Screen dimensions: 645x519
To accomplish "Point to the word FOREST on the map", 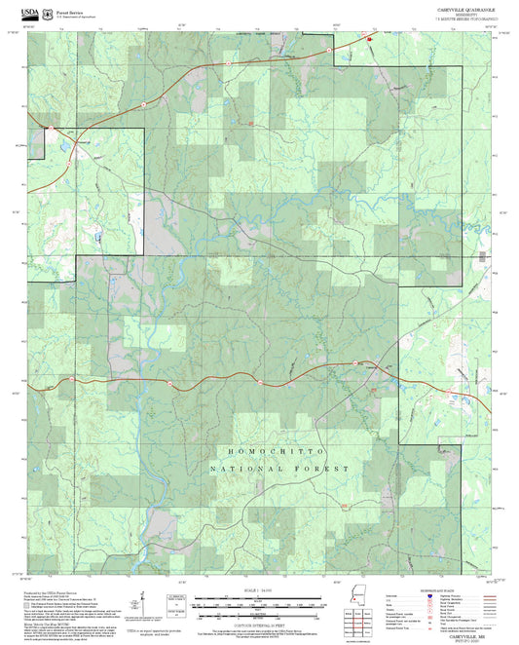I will point(325,470).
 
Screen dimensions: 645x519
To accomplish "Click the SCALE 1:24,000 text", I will point(258,590).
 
